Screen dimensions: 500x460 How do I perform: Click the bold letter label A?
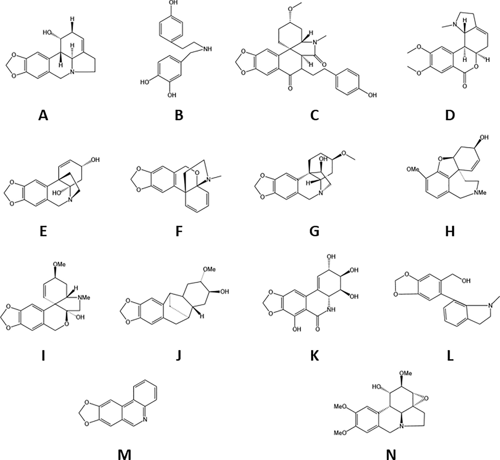43,116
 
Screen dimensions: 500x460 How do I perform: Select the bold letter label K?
315,356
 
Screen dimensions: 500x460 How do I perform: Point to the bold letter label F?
179,231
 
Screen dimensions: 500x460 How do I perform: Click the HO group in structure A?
47,33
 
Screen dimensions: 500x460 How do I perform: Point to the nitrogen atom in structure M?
145,419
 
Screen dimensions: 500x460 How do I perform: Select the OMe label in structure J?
209,269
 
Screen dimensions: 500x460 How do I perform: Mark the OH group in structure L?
466,281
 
